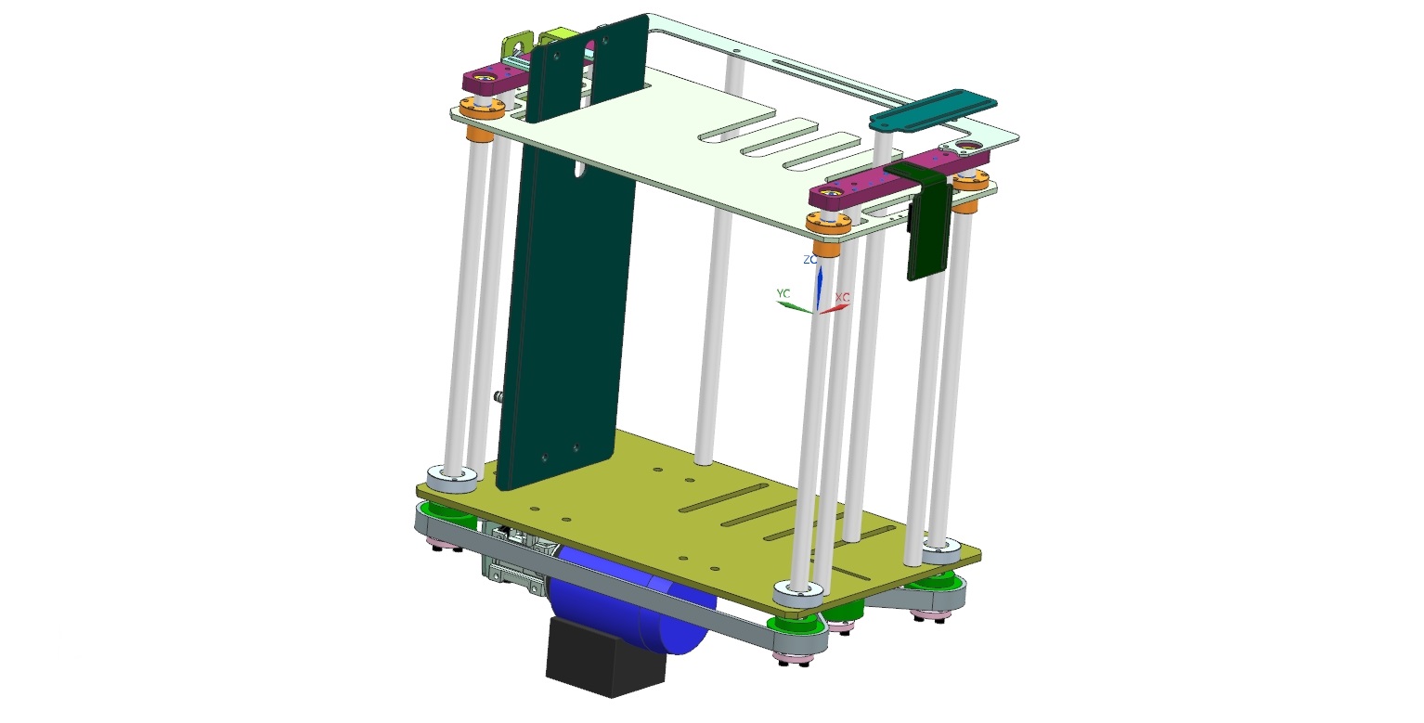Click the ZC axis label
(x=809, y=259)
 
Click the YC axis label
(x=783, y=293)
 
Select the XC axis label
(x=842, y=297)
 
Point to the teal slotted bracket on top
(x=933, y=111)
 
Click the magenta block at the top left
(x=496, y=80)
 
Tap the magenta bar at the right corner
(x=899, y=178)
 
